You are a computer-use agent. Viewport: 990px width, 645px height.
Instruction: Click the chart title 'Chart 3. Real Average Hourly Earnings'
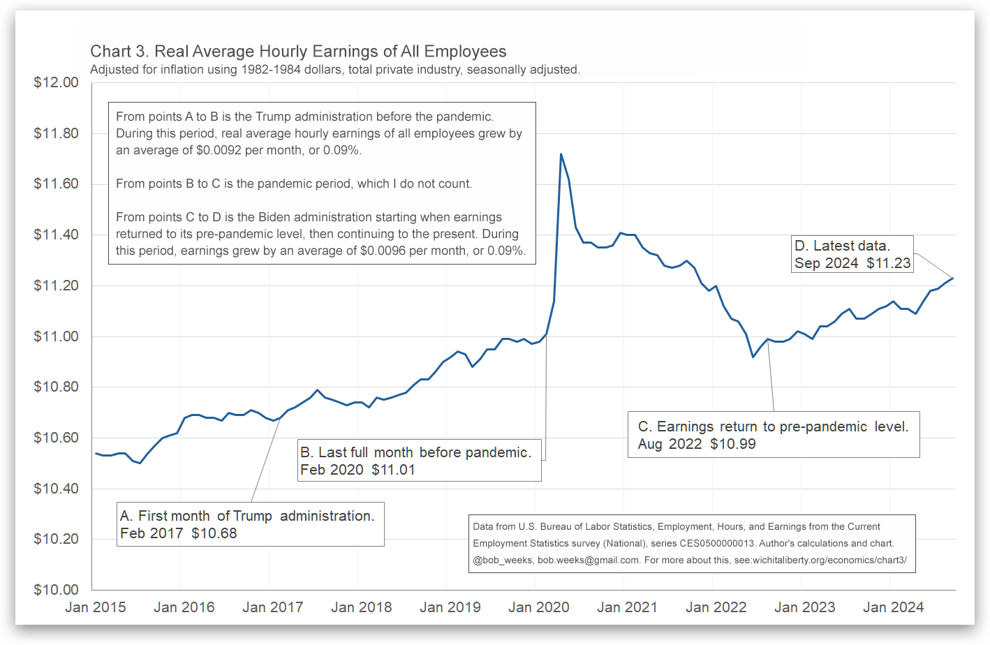(x=298, y=52)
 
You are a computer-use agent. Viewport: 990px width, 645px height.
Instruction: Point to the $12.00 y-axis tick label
(x=57, y=82)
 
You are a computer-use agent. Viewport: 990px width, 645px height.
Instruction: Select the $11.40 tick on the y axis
(x=57, y=235)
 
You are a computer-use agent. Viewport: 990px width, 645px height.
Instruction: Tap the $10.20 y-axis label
(x=57, y=539)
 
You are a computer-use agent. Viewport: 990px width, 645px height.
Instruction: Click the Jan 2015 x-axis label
(x=96, y=607)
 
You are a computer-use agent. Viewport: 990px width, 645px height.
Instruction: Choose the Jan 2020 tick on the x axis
(x=539, y=607)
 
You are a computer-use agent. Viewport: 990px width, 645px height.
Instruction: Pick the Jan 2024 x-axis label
(x=894, y=607)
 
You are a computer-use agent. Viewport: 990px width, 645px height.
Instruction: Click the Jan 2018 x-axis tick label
(x=362, y=607)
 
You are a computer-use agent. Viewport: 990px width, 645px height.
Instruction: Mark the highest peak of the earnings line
(x=561, y=154)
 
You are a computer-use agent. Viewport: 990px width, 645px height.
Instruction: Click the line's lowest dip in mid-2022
(x=753, y=357)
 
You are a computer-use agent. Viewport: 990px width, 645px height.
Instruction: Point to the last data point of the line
(x=953, y=279)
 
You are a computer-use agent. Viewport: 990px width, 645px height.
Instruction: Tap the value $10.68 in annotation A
(x=214, y=533)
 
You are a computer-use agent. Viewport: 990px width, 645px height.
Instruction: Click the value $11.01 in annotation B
(x=393, y=470)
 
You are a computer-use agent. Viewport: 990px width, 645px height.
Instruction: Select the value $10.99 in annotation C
(x=733, y=444)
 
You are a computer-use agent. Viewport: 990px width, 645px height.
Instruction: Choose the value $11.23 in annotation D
(x=889, y=263)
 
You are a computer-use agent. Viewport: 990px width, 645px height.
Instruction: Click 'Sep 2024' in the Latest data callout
(x=827, y=263)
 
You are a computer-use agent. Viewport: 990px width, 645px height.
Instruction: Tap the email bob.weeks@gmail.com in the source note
(x=588, y=560)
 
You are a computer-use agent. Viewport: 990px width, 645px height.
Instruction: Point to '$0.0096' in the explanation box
(x=383, y=251)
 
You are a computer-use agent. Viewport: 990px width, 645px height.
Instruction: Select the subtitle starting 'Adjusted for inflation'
(x=335, y=70)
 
